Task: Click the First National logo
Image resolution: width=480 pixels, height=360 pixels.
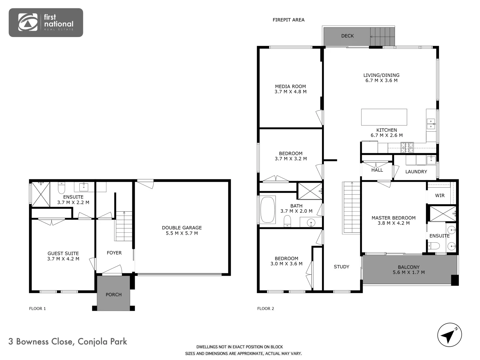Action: click(46, 22)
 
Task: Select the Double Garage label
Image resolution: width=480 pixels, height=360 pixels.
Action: click(182, 228)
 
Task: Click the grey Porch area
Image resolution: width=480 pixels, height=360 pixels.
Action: click(113, 293)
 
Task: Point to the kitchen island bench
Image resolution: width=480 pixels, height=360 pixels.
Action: click(384, 117)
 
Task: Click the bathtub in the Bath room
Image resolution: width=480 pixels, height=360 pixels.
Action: click(268, 210)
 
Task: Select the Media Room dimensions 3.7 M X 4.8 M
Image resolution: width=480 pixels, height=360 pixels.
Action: click(290, 92)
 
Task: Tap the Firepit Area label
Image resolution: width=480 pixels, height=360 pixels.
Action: click(288, 20)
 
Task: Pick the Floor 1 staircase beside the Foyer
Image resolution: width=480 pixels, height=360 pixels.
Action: click(124, 226)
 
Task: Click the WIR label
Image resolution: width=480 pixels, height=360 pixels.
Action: click(440, 196)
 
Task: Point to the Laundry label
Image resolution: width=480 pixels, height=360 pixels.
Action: click(416, 172)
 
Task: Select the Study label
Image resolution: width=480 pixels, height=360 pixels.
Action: click(341, 267)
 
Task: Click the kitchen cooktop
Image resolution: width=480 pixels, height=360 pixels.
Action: click(407, 147)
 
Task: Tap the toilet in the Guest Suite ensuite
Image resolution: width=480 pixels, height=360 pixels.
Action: click(61, 189)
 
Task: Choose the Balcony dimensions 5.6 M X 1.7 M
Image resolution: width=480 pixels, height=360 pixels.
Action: click(409, 272)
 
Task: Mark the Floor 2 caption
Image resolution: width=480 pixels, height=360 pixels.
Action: click(265, 309)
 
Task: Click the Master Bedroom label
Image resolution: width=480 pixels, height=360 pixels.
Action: click(393, 218)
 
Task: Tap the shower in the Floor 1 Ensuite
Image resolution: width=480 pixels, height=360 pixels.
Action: click(41, 194)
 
